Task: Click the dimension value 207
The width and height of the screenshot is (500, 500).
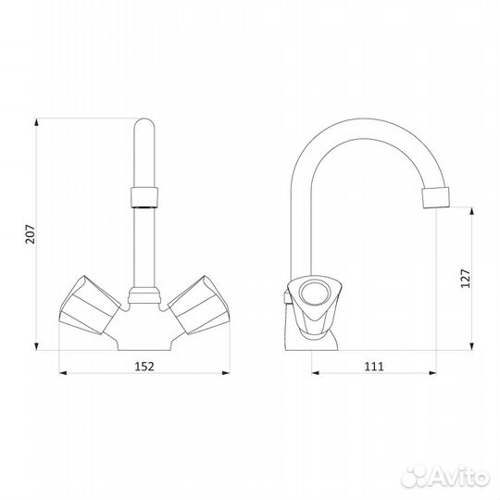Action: coord(30,234)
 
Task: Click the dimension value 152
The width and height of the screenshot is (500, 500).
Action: coord(144,367)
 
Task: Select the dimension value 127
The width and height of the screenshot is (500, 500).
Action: coord(465,279)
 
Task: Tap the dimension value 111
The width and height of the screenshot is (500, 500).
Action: coord(374,367)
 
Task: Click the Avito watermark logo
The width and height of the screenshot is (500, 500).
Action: coord(445,477)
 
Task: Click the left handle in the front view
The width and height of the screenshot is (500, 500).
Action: coord(90,306)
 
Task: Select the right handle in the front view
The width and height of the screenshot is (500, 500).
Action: coord(199,306)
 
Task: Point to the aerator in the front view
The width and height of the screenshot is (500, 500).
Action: coord(144,197)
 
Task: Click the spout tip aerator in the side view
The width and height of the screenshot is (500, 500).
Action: coord(435,198)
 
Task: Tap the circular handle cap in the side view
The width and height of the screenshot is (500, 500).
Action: coord(315,294)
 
